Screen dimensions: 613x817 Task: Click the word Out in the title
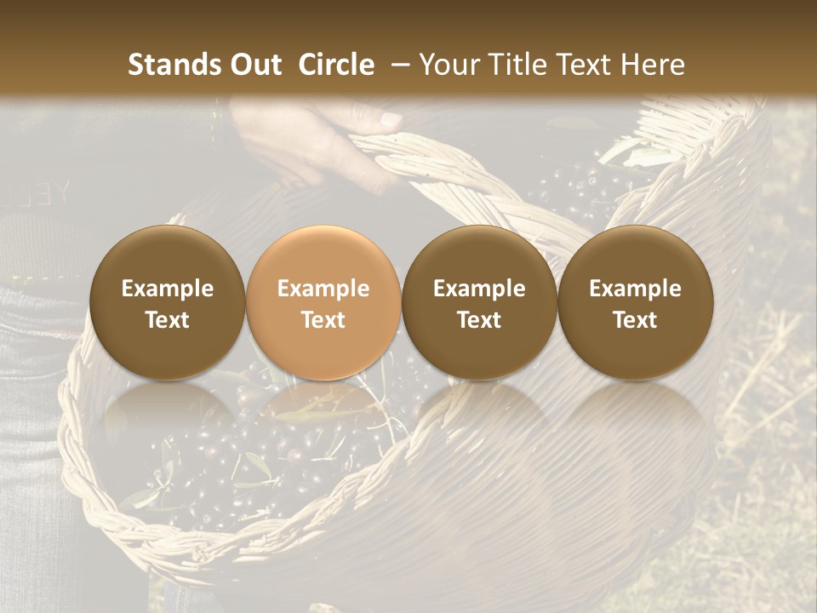pos(253,65)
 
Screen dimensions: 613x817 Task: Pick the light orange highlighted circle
pos(323,302)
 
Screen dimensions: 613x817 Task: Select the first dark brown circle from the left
pos(168,302)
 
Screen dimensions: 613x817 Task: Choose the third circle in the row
pos(479,302)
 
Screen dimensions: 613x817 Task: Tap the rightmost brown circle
pos(635,302)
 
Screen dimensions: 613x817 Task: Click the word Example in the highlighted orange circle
pos(323,289)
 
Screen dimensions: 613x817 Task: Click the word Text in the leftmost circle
pos(168,320)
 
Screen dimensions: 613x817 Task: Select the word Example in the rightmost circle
pos(635,289)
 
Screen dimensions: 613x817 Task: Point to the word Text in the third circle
pos(479,320)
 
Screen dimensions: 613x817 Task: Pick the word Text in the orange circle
pos(323,320)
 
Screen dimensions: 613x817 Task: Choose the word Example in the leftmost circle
pos(168,289)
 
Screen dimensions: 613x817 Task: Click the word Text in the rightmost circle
pos(635,320)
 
